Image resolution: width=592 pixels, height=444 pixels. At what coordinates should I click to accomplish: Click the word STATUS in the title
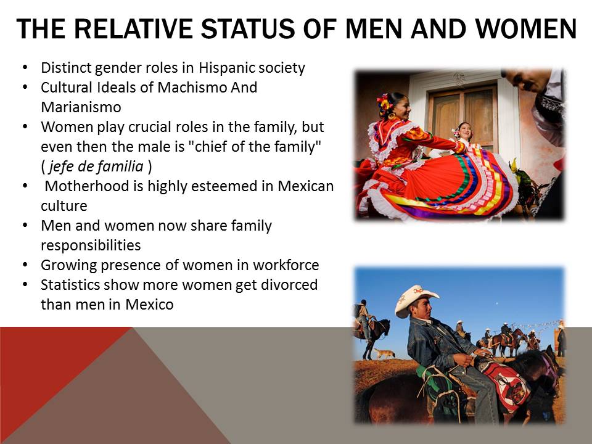click(x=247, y=29)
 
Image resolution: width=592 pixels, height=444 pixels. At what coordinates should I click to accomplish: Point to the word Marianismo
click(x=81, y=107)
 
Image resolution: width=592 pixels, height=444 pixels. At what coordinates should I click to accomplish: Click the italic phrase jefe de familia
click(x=96, y=166)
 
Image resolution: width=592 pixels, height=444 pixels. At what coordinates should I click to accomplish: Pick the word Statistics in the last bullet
click(x=70, y=284)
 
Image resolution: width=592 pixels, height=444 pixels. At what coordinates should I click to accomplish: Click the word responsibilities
click(x=91, y=245)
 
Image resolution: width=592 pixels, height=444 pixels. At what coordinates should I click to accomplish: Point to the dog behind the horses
click(x=384, y=354)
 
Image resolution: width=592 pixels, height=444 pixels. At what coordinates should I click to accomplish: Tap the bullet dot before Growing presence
click(x=25, y=265)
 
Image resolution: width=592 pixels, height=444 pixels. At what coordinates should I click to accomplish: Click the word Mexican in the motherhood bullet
click(x=306, y=186)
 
